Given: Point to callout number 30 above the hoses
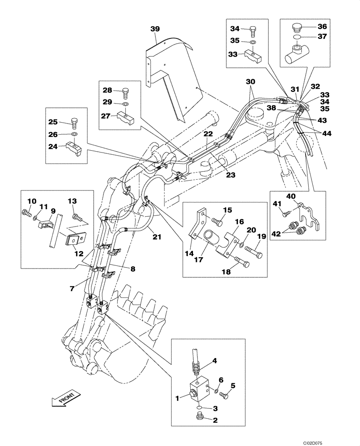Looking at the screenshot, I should click(251, 82).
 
